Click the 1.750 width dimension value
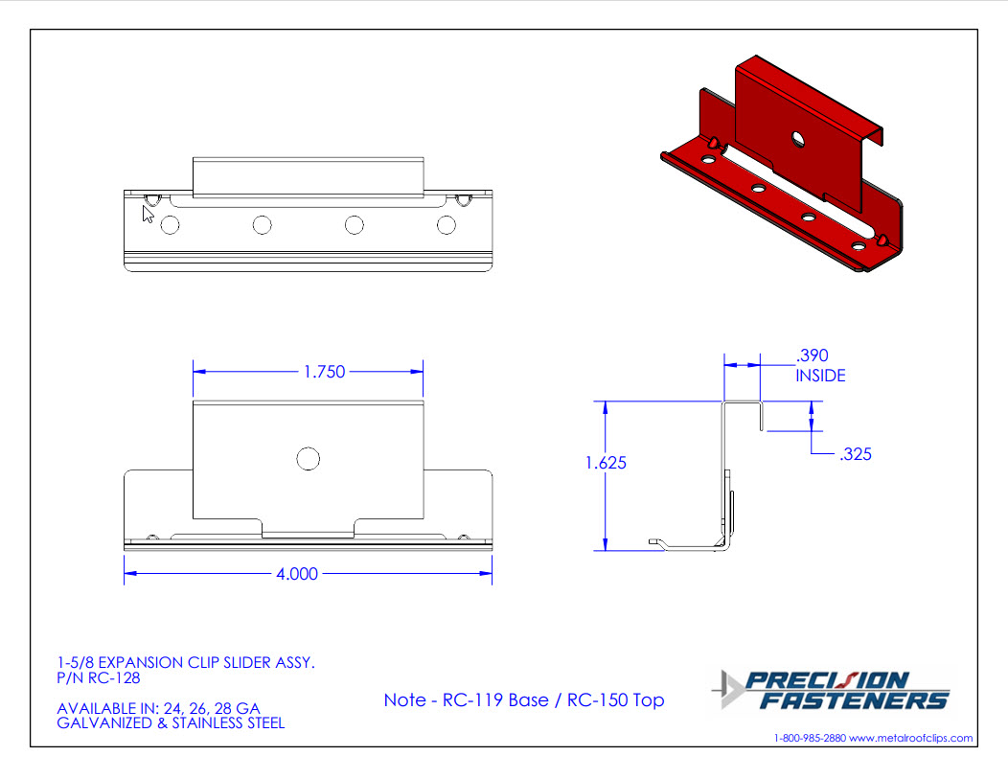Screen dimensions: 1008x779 click(x=324, y=372)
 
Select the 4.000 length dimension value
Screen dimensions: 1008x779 click(x=297, y=573)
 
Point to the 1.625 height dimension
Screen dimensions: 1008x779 click(x=606, y=463)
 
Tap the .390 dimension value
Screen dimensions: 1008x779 click(x=812, y=355)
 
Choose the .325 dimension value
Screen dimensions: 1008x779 click(x=856, y=454)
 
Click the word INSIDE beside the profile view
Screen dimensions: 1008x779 click(x=820, y=376)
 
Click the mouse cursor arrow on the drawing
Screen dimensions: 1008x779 click(x=149, y=214)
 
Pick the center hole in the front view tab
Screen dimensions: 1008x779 click(x=308, y=459)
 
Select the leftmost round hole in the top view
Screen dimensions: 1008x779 click(x=170, y=225)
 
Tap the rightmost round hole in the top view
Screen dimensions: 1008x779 click(x=447, y=225)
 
